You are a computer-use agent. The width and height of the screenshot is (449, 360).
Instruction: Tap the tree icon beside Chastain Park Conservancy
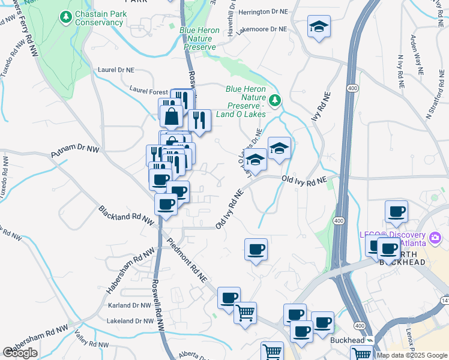click(x=66, y=19)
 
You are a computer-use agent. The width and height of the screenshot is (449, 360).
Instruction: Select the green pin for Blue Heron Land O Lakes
click(x=275, y=100)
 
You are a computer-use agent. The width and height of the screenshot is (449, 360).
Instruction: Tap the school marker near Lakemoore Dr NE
click(x=319, y=28)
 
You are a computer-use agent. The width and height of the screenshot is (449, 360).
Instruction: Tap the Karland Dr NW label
click(x=129, y=305)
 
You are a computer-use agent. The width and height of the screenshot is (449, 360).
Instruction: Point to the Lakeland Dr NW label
click(x=130, y=321)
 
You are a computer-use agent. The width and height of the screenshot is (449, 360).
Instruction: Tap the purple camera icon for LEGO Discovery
click(x=435, y=239)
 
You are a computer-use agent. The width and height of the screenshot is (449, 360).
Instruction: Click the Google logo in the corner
click(x=20, y=353)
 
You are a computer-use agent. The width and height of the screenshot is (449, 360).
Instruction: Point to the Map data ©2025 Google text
click(x=412, y=355)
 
